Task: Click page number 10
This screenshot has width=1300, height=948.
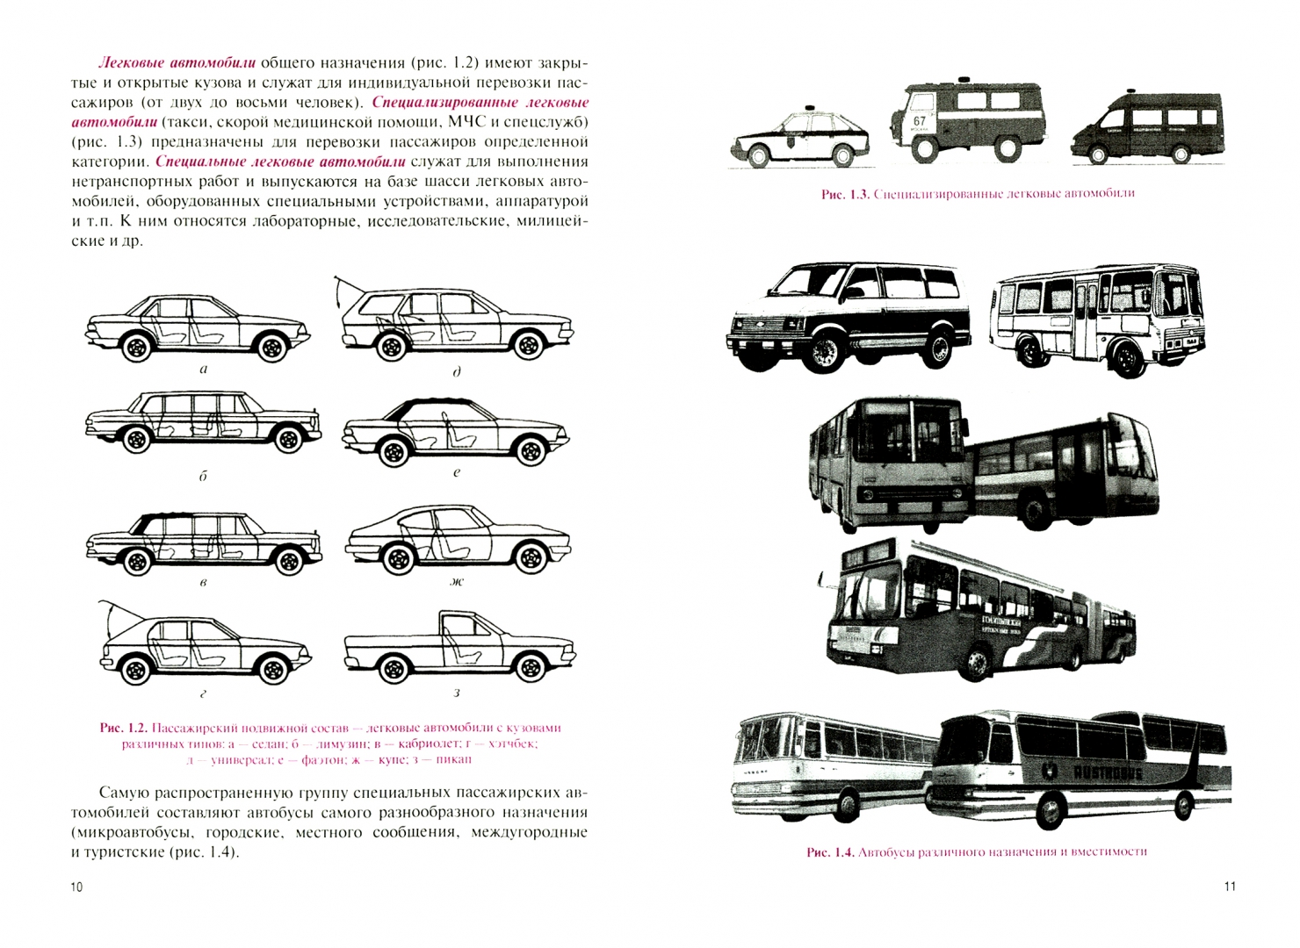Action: pyautogui.click(x=76, y=887)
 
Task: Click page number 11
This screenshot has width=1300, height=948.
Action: pyautogui.click(x=1230, y=887)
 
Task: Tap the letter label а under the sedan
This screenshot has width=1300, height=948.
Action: pyautogui.click(x=204, y=370)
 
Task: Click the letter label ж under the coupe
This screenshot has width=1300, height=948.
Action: pyautogui.click(x=457, y=581)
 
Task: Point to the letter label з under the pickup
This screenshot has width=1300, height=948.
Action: pyautogui.click(x=457, y=693)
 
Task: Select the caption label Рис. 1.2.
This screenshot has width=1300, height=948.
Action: pyautogui.click(x=122, y=728)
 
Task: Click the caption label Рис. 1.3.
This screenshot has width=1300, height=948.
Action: pyautogui.click(x=844, y=194)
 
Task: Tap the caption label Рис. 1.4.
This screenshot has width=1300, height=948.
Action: pyautogui.click(x=830, y=852)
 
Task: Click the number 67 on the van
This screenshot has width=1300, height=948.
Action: pyautogui.click(x=919, y=121)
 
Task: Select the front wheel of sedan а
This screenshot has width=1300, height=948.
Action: pyautogui.click(x=136, y=348)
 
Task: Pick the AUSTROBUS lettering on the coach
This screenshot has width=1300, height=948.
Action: pyautogui.click(x=1108, y=772)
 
